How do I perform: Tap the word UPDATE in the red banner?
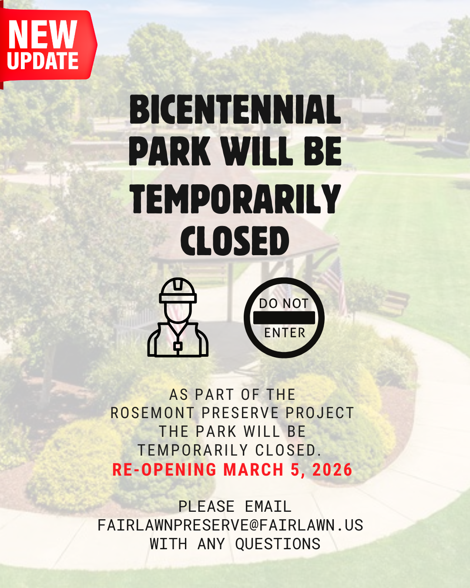(43, 61)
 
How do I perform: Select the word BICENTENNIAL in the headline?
(235, 109)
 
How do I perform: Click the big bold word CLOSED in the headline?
(235, 241)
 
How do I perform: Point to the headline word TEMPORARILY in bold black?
(235, 199)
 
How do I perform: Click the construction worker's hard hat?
(178, 290)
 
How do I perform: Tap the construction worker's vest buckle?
(178, 346)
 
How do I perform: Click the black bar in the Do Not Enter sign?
(284, 318)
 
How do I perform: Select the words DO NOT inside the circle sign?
(284, 304)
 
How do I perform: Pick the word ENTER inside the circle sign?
(285, 333)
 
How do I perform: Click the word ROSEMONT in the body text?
(152, 413)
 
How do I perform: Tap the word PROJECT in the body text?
(319, 413)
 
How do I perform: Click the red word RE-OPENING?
(164, 470)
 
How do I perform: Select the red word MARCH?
(253, 470)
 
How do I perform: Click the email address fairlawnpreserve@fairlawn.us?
(231, 525)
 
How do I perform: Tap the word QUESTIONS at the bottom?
(278, 544)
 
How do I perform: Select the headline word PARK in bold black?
(170, 151)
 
